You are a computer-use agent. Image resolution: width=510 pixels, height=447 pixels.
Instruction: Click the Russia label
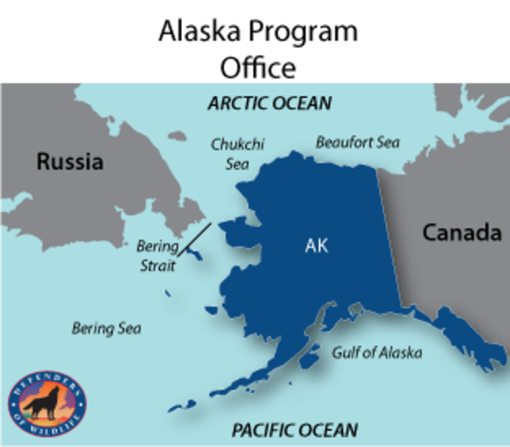coord(70,162)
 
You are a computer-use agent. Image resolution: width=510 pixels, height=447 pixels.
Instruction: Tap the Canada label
coord(462,233)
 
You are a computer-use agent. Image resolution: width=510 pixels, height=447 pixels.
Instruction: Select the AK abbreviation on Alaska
coord(317,247)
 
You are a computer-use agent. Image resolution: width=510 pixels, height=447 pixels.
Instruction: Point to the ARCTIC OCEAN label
coord(269,103)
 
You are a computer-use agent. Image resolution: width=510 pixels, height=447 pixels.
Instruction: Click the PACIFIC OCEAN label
coord(294,429)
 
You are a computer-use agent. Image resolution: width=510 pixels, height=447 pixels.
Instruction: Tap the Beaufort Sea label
coord(357,142)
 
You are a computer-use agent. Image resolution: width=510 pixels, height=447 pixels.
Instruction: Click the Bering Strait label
coord(157,256)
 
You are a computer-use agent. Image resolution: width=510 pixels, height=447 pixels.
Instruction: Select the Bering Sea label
coord(106,329)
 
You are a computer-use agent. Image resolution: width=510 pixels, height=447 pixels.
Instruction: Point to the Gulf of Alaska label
coord(377,353)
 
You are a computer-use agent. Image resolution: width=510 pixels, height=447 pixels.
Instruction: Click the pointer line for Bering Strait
coord(195,238)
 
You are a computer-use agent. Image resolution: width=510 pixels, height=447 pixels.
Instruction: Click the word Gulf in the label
coord(347,353)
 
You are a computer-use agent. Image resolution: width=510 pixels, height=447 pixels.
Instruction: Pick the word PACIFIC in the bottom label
coord(263,429)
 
